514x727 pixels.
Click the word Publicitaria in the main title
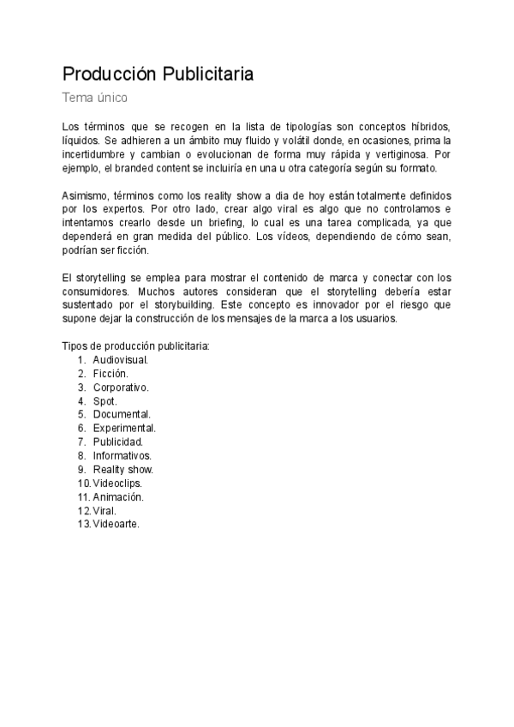coord(206,74)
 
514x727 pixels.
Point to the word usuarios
coord(390,319)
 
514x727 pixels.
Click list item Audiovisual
coord(121,360)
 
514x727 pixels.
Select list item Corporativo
coord(121,388)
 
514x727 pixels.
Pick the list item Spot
coord(105,401)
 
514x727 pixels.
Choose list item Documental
coord(122,415)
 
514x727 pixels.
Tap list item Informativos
coord(122,456)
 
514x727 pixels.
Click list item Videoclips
coord(117,484)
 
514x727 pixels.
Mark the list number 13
coord(83,525)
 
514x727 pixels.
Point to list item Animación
coord(118,497)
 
